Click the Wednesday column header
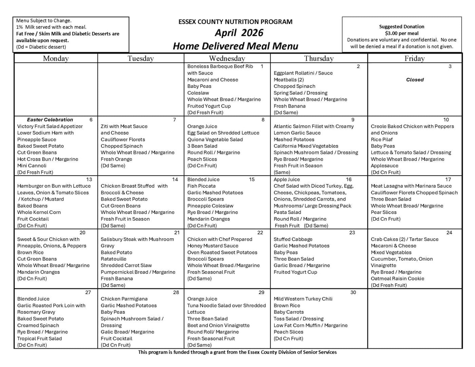click(227, 58)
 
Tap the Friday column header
click(414, 58)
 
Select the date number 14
click(175, 179)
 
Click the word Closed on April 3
click(415, 80)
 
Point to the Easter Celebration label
click(50, 120)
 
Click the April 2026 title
click(239, 33)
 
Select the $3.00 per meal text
click(401, 33)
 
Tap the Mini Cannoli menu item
click(32, 166)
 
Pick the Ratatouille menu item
click(113, 259)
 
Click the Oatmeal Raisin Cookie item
click(397, 279)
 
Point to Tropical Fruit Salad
click(39, 339)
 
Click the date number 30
click(353, 292)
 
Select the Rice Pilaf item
click(381, 140)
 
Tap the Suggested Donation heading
click(401, 26)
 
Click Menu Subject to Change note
click(44, 21)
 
